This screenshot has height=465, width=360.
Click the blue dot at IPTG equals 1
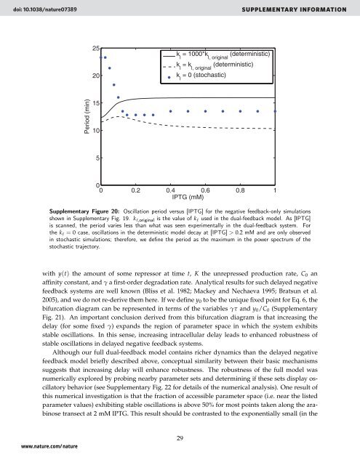[275, 111]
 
